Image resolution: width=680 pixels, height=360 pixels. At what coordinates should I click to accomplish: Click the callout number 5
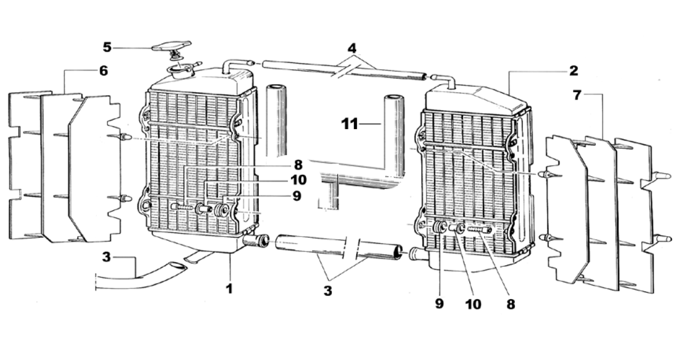(x=107, y=47)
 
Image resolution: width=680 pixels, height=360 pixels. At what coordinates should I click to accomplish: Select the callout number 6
(x=103, y=70)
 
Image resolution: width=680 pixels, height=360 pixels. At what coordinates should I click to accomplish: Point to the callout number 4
(x=351, y=46)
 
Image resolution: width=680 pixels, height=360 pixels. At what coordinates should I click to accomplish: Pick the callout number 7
(x=577, y=96)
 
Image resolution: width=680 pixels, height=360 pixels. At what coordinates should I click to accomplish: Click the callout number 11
(x=349, y=125)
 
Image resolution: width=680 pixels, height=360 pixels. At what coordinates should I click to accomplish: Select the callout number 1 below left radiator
(x=229, y=289)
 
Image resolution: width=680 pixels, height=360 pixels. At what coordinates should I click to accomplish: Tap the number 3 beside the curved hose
(x=106, y=258)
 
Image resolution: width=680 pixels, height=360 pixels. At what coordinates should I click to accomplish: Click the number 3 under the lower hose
(x=328, y=291)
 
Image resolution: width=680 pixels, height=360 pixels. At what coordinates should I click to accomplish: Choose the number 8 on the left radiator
(x=298, y=164)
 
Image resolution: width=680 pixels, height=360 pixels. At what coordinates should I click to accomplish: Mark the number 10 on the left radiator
(x=298, y=180)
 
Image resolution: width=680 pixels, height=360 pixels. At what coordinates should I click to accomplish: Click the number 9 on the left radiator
(x=296, y=196)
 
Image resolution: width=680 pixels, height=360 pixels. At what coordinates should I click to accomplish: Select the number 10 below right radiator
(x=473, y=304)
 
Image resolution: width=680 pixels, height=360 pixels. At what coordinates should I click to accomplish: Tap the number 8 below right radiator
(x=510, y=304)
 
